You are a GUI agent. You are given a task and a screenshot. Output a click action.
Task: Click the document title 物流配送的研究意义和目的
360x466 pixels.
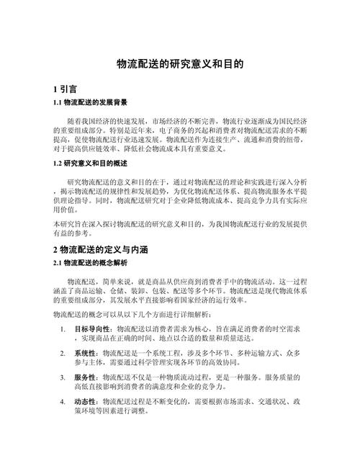click(180, 64)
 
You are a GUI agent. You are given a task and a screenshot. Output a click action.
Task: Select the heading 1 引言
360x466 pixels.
click(66, 89)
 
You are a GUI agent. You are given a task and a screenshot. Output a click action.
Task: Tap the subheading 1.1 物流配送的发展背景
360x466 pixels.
click(90, 102)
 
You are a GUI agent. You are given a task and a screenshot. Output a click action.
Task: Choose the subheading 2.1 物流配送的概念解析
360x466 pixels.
click(90, 263)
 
